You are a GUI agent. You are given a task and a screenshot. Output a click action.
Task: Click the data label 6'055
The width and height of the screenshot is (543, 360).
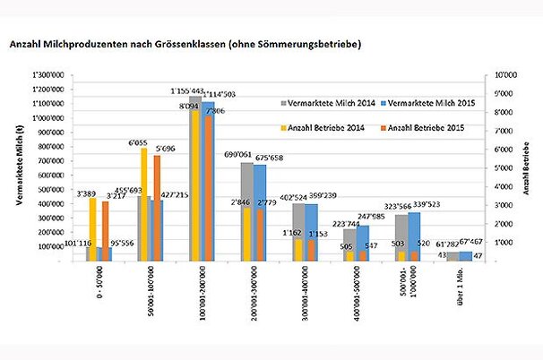pos(138,141)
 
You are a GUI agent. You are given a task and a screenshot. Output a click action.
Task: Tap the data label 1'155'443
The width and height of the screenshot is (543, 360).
pos(189,90)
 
